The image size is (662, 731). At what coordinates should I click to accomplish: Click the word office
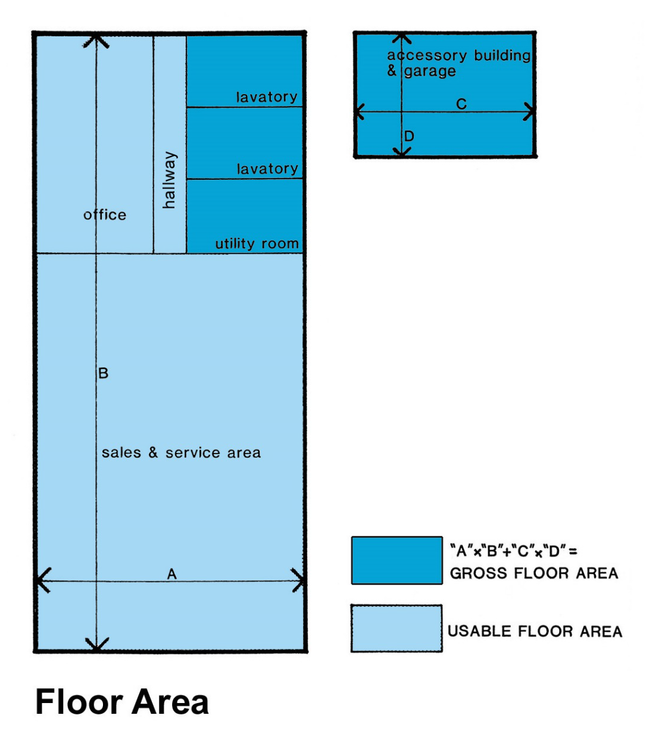pos(105,215)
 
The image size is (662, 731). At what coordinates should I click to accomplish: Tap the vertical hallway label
pos(170,180)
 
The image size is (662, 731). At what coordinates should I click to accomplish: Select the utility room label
pos(257,243)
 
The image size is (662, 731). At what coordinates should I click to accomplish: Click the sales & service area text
pos(181,452)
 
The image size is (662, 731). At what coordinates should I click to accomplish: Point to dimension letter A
pos(171,574)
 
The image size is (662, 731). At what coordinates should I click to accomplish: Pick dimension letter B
pos(103,373)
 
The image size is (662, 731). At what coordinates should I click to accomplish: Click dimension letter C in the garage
pos(461,104)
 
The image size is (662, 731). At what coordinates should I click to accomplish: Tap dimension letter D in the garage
pos(409,136)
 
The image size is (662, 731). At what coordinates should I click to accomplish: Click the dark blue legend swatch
pos(397,560)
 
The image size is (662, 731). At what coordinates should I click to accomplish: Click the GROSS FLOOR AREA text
pos(534,573)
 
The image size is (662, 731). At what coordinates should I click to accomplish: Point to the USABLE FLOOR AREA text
pos(535,632)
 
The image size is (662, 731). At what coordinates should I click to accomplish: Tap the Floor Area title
pos(122,702)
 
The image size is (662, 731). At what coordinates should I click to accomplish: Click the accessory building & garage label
pos(458,63)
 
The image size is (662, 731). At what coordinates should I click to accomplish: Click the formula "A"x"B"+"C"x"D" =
pos(514,551)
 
